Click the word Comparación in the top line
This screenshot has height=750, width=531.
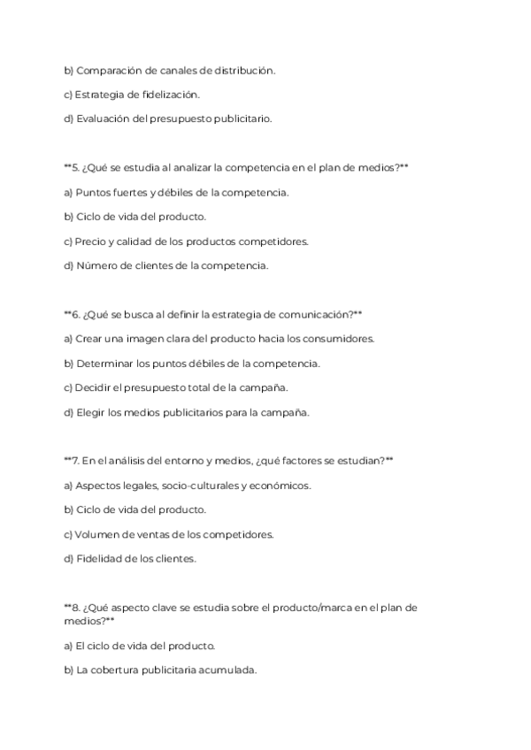pos(109,70)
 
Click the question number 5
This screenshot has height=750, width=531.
pos(75,167)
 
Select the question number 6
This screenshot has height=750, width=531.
pos(75,314)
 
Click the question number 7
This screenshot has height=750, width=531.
pos(75,461)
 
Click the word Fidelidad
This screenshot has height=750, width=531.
pos(101,558)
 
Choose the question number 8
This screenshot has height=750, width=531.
pos(75,608)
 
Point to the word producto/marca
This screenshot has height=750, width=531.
pos(319,608)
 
